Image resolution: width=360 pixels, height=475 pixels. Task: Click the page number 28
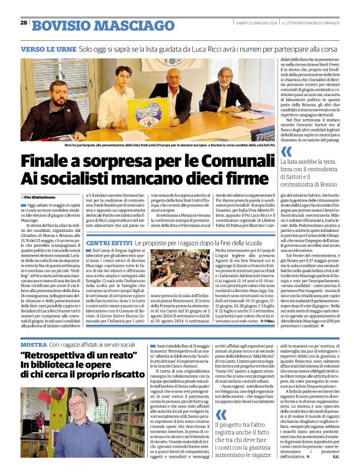24,23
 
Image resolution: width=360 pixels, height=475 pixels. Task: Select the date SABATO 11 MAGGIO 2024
256,24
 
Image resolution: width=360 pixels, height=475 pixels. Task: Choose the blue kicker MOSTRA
34,344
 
